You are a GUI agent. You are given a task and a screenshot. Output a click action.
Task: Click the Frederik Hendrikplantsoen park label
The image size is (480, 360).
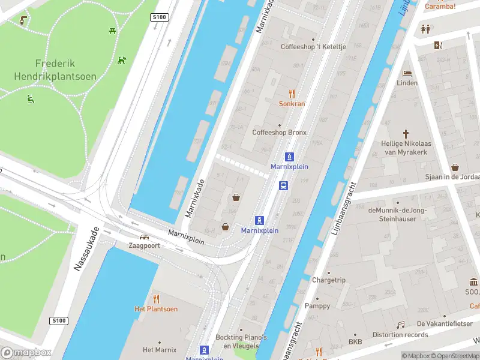pyautogui.click(x=55, y=70)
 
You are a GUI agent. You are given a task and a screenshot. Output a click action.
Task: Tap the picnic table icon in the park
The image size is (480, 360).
pyautogui.click(x=112, y=31)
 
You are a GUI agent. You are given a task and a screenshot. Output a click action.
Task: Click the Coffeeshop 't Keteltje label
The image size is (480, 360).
pyautogui.click(x=314, y=47)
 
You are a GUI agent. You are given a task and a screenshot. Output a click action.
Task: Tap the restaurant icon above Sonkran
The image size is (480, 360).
pyautogui.click(x=292, y=93)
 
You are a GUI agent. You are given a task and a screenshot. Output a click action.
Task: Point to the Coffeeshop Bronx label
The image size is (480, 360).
pyautogui.click(x=279, y=133)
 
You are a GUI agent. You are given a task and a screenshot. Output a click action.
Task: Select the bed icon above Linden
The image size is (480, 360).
pyautogui.click(x=407, y=73)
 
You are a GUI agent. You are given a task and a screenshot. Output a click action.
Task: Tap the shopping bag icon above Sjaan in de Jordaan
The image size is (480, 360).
pyautogui.click(x=455, y=167)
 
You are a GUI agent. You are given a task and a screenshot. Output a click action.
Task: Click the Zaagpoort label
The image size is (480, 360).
pyautogui.click(x=144, y=245)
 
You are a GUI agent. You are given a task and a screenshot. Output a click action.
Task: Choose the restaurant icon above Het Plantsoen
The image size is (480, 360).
pyautogui.click(x=156, y=298)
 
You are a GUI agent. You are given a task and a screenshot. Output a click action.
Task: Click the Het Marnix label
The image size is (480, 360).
pyautogui.click(x=160, y=350)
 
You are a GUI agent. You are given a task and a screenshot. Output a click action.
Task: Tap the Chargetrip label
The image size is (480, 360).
pyautogui.click(x=329, y=280)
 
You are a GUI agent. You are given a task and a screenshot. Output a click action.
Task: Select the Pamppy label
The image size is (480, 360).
pyautogui.click(x=317, y=306)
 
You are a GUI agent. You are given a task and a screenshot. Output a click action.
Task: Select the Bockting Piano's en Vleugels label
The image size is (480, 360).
pyautogui.click(x=241, y=341)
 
